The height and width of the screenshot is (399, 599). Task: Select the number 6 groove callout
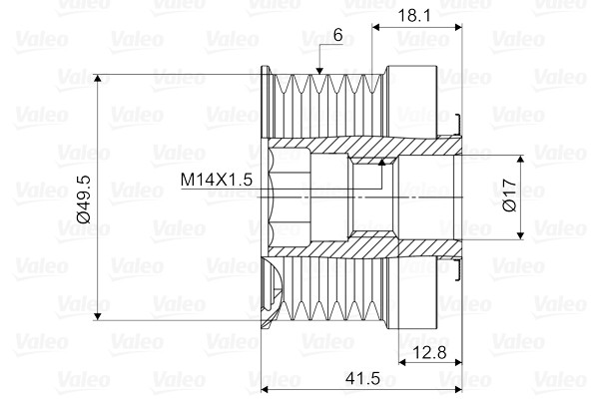pos(338,35)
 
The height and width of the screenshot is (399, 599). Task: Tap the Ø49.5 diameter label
pos(84,199)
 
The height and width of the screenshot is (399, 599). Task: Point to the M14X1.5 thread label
pos(217,180)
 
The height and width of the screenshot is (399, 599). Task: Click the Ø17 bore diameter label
pos(509,196)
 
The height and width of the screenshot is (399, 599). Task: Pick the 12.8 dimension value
pos(429,352)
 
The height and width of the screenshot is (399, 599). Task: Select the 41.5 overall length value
pos(362,378)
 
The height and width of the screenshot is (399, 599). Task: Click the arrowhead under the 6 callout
pos(319,71)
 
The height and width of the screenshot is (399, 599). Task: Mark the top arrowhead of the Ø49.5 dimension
pos(98,78)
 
